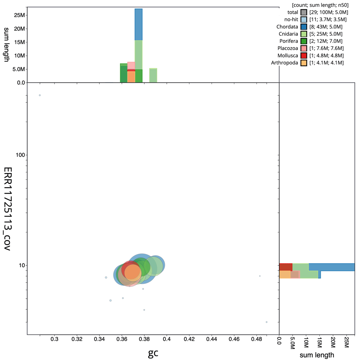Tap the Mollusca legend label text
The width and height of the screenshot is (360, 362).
tap(287, 55)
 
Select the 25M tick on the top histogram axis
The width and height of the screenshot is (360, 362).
tap(19, 15)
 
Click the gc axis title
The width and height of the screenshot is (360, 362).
tap(153, 354)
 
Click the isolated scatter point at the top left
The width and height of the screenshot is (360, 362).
tap(40, 95)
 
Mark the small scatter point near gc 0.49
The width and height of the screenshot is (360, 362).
tap(266, 322)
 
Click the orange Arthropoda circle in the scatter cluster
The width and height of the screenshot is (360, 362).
tap(133, 273)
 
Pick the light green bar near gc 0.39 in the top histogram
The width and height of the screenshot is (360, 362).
tap(153, 75)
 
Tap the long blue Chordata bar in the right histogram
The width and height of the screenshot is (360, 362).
tap(331, 267)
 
